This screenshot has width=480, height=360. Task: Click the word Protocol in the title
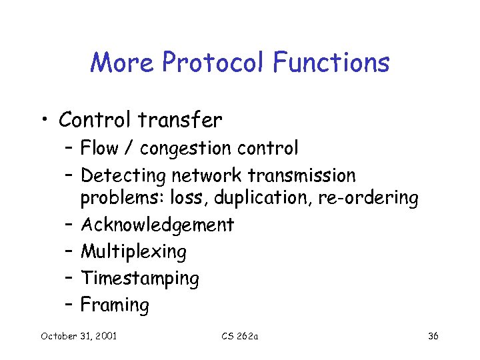(x=213, y=63)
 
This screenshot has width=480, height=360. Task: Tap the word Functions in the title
(x=331, y=63)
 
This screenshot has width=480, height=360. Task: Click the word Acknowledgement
(x=157, y=225)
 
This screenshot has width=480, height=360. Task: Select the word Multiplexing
(x=133, y=252)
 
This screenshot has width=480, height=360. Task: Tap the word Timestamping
(x=139, y=279)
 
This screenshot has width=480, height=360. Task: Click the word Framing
(x=115, y=305)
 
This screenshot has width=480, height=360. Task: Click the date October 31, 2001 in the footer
(x=79, y=336)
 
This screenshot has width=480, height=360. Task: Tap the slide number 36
(x=433, y=336)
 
